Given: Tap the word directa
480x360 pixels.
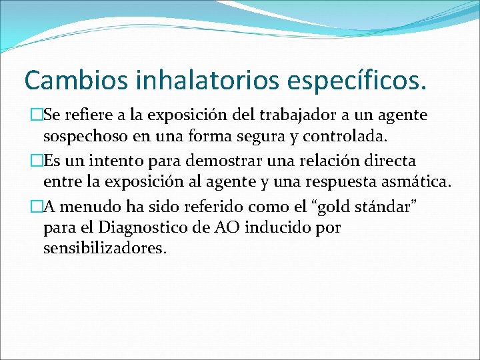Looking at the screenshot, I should pyautogui.click(x=397, y=161).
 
